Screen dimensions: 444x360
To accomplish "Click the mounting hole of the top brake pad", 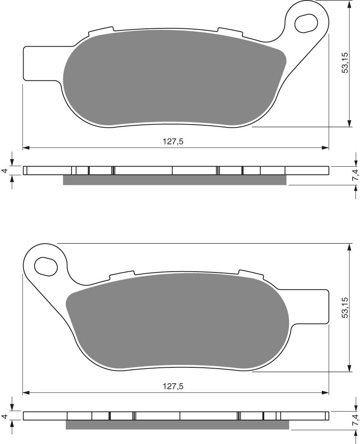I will pyautogui.click(x=306, y=23).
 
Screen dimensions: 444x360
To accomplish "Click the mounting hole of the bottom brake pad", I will pyautogui.click(x=46, y=266).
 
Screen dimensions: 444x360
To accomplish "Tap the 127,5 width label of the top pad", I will pyautogui.click(x=176, y=142).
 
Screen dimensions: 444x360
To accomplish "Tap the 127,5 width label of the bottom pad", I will pyautogui.click(x=176, y=386).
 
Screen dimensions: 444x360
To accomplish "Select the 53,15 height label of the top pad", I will pyautogui.click(x=345, y=63).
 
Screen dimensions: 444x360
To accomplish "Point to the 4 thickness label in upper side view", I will pyautogui.click(x=4, y=171).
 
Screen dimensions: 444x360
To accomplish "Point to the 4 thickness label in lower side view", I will pyautogui.click(x=4, y=416).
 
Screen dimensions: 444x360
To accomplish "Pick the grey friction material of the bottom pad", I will pyautogui.click(x=179, y=320).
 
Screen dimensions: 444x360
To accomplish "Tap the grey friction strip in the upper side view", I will pyautogui.click(x=175, y=180).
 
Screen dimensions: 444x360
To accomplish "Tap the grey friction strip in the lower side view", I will pyautogui.click(x=177, y=425).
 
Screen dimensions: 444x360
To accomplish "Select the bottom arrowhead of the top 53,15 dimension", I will pyautogui.click(x=349, y=123).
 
